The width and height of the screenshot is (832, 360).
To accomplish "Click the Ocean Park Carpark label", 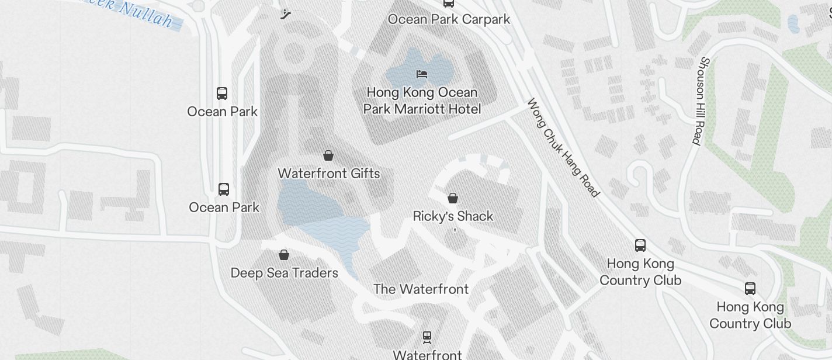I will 449,19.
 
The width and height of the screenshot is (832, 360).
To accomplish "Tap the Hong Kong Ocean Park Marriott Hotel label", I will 422,101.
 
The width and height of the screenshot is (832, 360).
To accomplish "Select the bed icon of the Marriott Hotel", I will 422,74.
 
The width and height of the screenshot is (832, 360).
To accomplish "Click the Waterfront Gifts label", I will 329,174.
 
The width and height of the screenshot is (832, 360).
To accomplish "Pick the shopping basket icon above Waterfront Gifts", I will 328,155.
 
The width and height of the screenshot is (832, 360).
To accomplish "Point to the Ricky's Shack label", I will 453,216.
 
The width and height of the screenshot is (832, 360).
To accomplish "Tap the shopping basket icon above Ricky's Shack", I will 452,198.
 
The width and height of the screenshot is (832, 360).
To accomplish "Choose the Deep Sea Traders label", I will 285,273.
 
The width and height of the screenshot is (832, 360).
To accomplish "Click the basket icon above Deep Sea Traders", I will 284,255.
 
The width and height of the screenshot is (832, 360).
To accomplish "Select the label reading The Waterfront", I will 421,289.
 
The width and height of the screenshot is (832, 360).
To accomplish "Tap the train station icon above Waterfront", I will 427,337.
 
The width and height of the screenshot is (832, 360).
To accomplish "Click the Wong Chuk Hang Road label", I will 563,147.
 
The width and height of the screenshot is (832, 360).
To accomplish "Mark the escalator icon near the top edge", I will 286,14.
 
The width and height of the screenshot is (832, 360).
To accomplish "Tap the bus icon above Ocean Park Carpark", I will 449,3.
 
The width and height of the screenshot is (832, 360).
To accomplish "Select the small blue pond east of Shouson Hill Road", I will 793,24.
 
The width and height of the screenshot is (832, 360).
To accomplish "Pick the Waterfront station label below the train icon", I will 427,354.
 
